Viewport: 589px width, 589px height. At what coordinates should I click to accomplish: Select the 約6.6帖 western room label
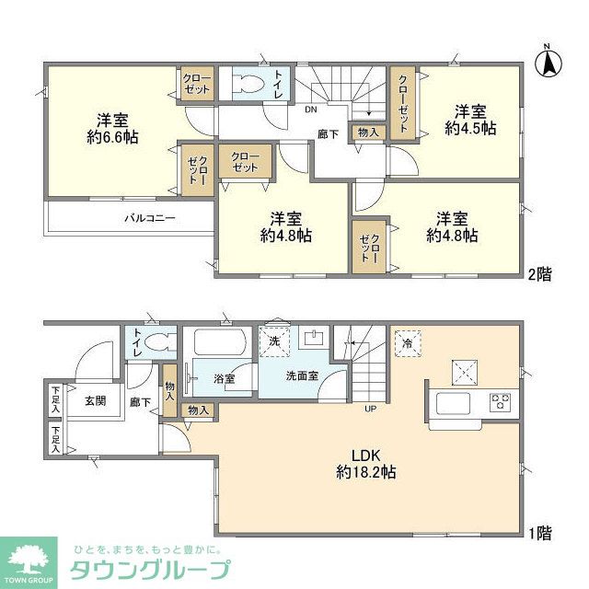click(107, 128)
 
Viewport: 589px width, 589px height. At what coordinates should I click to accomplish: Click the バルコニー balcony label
click(150, 219)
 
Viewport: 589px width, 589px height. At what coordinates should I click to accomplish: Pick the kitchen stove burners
click(501, 402)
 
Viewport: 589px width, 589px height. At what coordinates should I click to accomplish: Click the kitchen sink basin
click(454, 403)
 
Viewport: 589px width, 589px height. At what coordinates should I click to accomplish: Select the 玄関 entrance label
click(97, 401)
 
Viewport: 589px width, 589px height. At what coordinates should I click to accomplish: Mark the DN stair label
click(310, 108)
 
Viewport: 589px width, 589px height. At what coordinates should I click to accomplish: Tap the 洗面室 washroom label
click(302, 375)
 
